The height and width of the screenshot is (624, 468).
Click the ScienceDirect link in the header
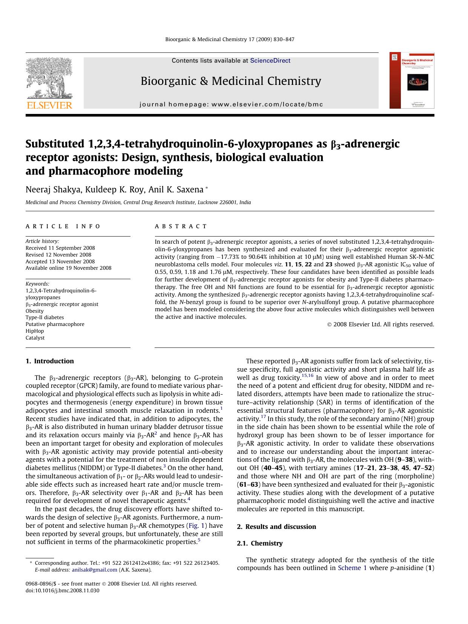click(270, 60)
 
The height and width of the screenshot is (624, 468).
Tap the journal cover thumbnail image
click(412, 80)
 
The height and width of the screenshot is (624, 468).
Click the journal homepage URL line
click(231, 105)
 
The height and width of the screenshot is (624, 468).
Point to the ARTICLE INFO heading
click(63, 226)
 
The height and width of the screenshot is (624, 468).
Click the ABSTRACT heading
click(181, 226)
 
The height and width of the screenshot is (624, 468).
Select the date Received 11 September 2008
click(60, 248)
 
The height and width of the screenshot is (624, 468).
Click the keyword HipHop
click(35, 331)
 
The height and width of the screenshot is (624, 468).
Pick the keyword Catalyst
click(35, 338)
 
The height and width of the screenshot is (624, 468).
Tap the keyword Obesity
click(35, 311)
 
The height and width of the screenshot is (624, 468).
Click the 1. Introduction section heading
click(50, 361)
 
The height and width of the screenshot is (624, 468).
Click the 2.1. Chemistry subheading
click(260, 543)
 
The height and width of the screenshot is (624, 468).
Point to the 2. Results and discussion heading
click(276, 527)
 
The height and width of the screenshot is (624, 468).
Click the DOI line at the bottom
click(63, 590)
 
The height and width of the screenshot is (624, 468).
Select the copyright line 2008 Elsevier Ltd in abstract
click(381, 324)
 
